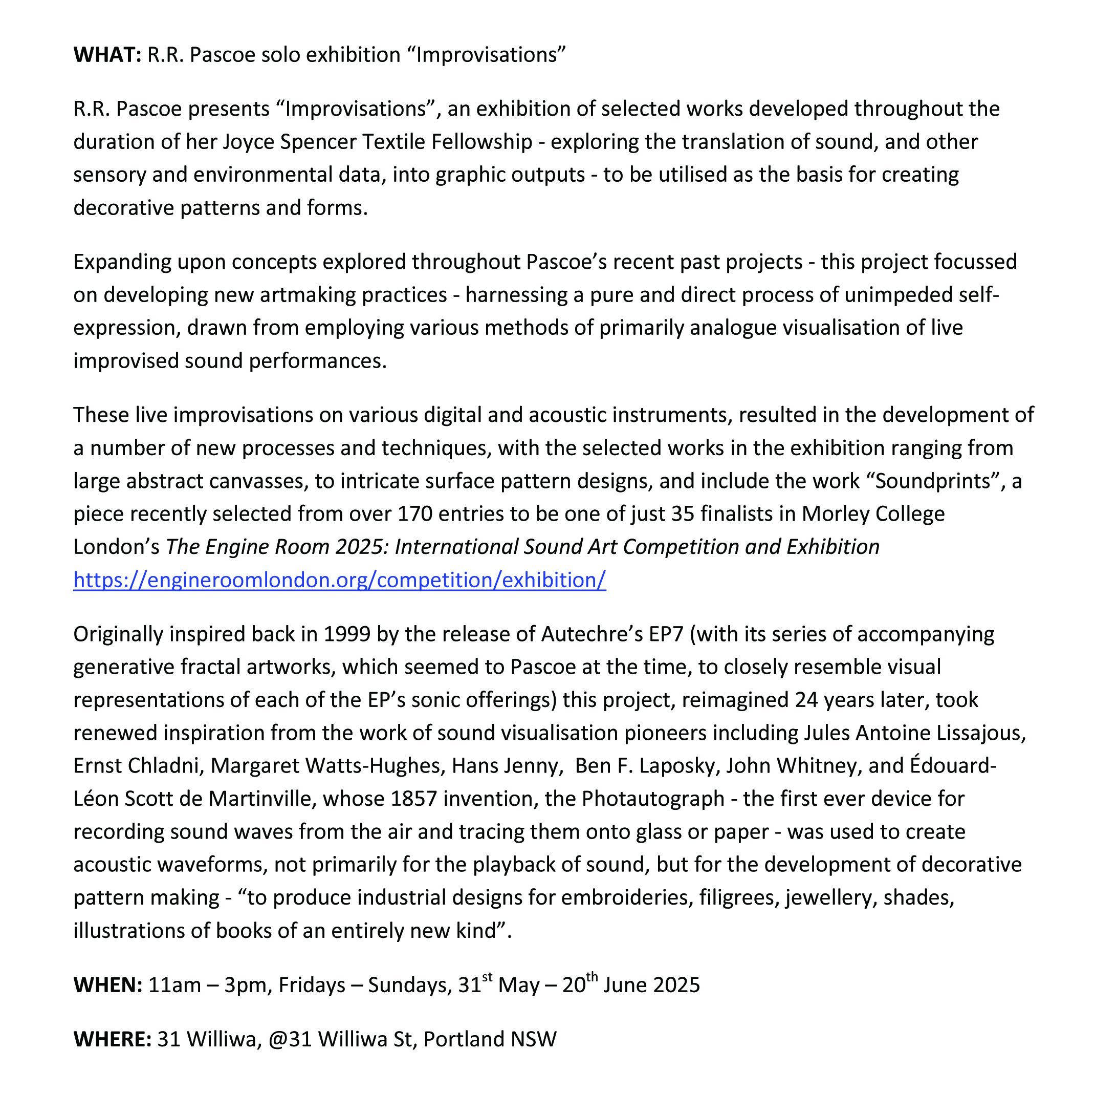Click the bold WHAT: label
(107, 55)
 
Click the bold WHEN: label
(107, 984)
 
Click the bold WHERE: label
(112, 1039)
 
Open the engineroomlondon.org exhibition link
(339, 580)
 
